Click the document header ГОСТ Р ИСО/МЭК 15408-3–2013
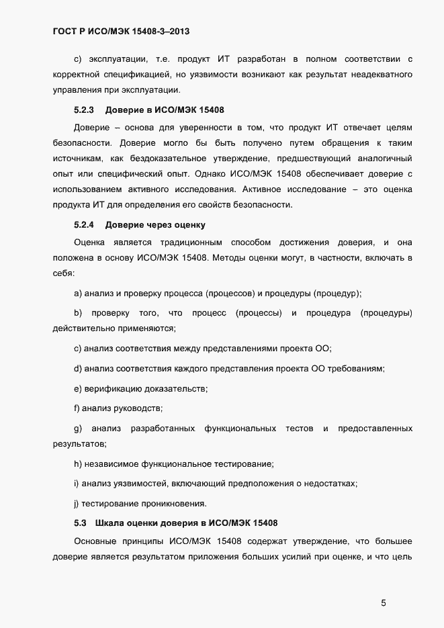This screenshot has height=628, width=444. click(125, 31)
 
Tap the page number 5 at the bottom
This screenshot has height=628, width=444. click(384, 602)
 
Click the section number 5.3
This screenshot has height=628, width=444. click(81, 523)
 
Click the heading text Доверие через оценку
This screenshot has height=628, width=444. click(155, 224)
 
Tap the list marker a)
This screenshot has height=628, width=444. click(78, 293)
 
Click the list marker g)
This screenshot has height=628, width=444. click(78, 428)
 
